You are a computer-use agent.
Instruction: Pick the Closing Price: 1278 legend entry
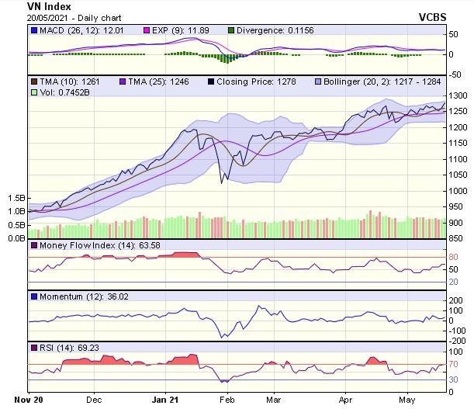(251, 81)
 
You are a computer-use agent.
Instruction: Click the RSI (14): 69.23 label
(59, 348)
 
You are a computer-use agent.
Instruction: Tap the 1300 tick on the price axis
(459, 95)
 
